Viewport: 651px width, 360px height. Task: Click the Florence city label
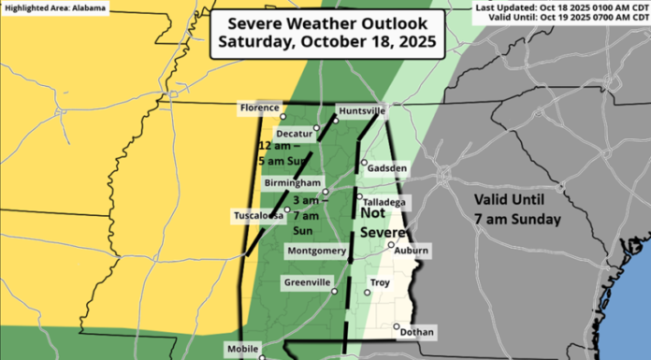(260, 108)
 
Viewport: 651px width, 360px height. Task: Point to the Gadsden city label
(387, 168)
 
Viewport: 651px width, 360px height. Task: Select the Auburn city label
(411, 251)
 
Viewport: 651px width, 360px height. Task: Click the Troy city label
(380, 281)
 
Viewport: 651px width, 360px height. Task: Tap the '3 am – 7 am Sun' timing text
(305, 214)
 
